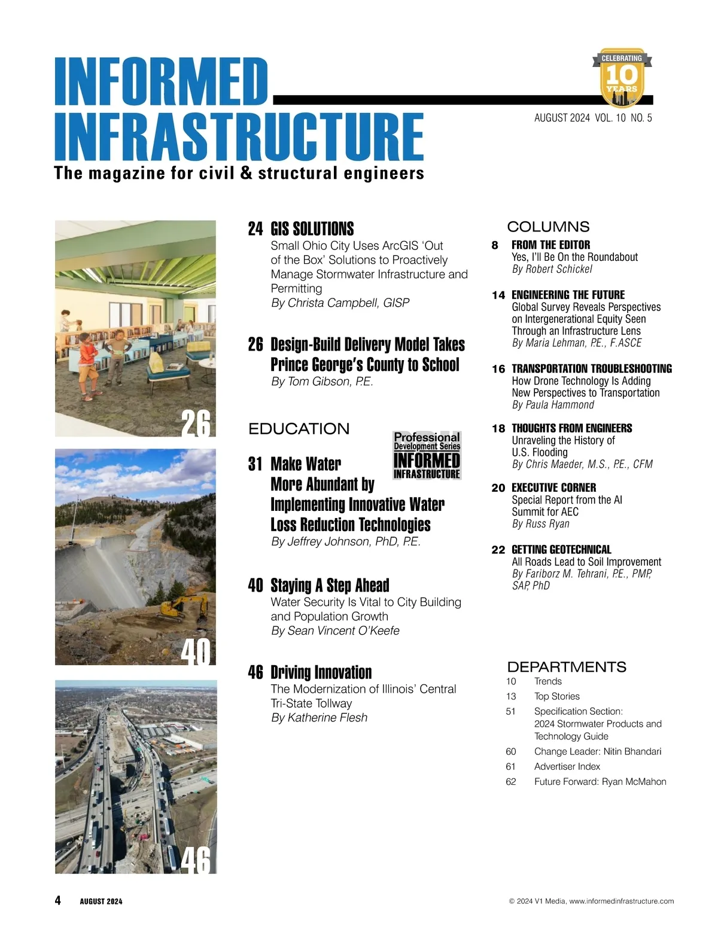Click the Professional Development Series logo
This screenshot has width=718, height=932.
coord(427,455)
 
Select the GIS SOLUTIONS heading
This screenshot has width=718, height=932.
coord(312,229)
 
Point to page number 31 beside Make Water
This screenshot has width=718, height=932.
coord(255,464)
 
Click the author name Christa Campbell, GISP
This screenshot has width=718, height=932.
coord(340,303)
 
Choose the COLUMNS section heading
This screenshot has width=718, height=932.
coord(548,227)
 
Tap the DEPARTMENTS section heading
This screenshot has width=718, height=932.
coord(567,666)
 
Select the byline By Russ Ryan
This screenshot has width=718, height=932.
coord(540,524)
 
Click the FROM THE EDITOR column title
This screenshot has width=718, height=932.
coord(550,245)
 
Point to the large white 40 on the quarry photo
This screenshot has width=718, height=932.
coord(196,651)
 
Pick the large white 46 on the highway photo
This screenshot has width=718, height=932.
coord(196,860)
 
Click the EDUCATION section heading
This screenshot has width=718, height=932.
coord(299,429)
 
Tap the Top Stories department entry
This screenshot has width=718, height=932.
coord(556,696)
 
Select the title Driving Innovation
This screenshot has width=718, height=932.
coord(321,672)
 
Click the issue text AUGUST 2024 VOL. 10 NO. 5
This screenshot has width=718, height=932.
coord(592,118)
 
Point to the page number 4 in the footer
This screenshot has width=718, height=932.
coord(57,900)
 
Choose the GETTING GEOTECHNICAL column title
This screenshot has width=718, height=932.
coord(561,549)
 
